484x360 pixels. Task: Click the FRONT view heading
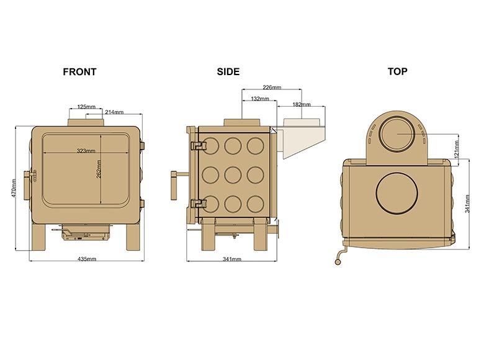[x=79, y=71]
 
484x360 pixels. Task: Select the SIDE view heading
[x=228, y=71]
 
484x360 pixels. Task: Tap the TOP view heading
[x=397, y=71]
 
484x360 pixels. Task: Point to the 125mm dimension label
[x=86, y=107]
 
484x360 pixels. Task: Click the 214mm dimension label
[x=114, y=112]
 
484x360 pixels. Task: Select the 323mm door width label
[x=86, y=151]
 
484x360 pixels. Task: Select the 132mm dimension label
[x=260, y=99]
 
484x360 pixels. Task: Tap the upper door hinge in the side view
[x=198, y=146]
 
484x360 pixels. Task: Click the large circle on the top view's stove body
[x=398, y=193]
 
